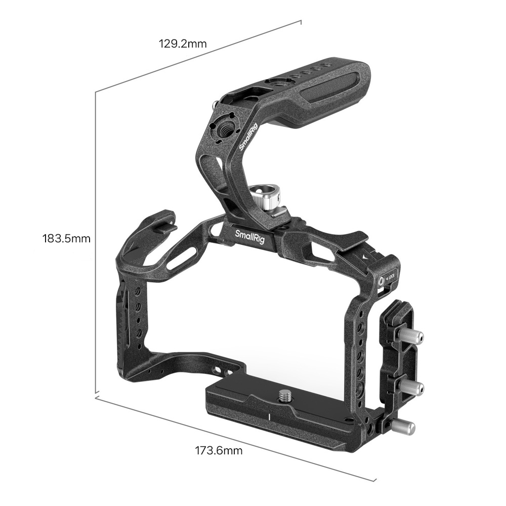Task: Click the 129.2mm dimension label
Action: (x=182, y=44)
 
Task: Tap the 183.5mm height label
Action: (x=66, y=239)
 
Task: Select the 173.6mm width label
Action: (x=219, y=450)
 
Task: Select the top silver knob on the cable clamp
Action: (x=411, y=337)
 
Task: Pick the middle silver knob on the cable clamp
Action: (x=412, y=386)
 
